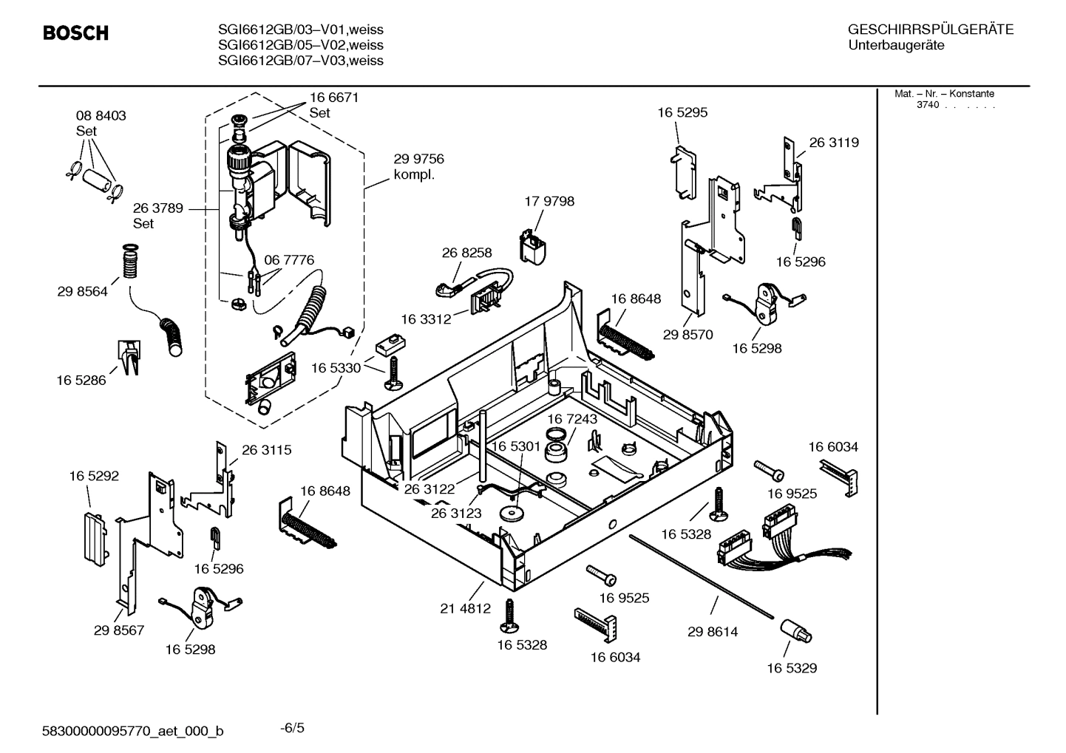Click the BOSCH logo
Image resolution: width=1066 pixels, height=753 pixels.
pos(75,33)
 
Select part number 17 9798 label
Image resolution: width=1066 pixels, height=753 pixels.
pos(549,201)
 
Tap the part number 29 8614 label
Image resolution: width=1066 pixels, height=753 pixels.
pos(712,632)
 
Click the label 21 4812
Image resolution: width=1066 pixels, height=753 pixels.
pos(465,609)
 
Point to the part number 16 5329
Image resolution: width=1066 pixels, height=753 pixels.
pos(791,668)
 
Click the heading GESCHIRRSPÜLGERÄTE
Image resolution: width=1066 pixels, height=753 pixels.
pos(930,30)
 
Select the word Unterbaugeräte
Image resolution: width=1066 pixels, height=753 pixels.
pos(895,45)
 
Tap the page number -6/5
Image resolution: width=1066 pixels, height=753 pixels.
pos(292,728)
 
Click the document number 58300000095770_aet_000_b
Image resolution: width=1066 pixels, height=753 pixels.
pos(133,732)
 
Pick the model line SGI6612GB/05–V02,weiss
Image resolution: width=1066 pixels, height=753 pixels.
pos(300,45)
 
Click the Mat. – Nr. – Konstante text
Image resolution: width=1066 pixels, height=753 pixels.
pos(944,94)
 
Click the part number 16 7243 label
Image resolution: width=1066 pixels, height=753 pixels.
pos(572,419)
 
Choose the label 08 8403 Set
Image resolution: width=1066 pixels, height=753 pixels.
pos(101,123)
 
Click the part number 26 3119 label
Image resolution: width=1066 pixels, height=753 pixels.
pos(833,143)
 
